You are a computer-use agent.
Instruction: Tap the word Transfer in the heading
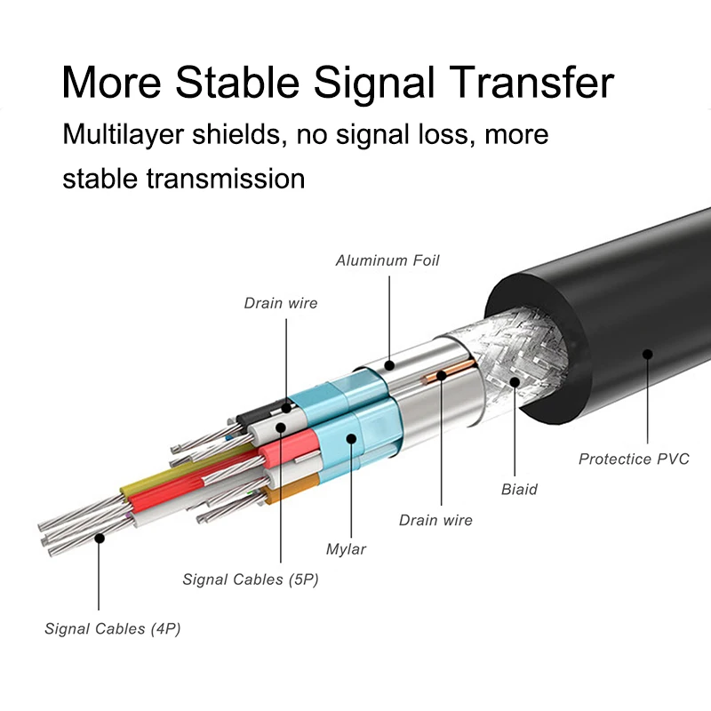coord(523,83)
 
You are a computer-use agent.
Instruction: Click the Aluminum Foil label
coord(387,260)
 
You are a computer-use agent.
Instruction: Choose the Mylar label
coord(346,548)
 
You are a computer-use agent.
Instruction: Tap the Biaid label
coord(519,489)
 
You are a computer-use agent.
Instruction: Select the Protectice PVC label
coord(634,459)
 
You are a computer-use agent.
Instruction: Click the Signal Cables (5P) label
coord(251,579)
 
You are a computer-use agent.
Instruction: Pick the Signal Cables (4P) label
coord(113,628)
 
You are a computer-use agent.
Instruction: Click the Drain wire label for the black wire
coord(281,303)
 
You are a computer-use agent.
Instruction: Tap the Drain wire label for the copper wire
coord(435,520)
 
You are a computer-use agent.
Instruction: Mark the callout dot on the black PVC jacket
coord(648,354)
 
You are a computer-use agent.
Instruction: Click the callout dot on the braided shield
coord(515,383)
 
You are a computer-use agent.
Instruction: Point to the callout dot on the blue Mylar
coord(351,437)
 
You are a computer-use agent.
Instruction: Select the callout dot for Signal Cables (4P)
coord(100,538)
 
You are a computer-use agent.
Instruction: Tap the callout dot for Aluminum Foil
coord(388,365)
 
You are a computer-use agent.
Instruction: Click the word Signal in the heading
coord(371,83)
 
